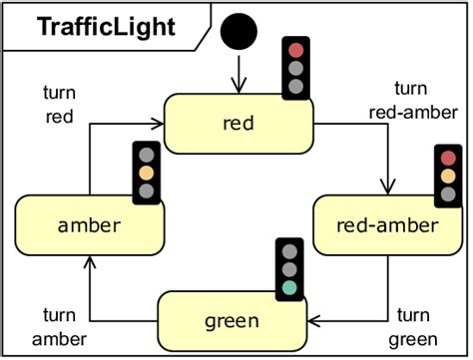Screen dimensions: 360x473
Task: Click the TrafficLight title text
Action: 106,26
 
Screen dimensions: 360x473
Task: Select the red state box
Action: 237,124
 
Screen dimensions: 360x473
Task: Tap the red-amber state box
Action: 387,224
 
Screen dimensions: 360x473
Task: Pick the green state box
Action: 232,321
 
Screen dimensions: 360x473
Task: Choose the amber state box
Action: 90,224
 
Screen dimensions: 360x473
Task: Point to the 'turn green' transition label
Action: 413,327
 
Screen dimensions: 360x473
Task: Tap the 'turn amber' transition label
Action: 59,327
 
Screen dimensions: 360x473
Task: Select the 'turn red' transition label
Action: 59,104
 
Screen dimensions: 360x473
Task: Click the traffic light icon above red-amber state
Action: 447,176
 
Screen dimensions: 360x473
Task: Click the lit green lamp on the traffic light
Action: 289,287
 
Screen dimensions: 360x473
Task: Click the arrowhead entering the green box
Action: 312,321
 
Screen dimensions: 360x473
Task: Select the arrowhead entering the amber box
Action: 90,261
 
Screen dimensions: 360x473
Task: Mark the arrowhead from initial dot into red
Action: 239,85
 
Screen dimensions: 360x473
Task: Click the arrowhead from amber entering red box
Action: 157,124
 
